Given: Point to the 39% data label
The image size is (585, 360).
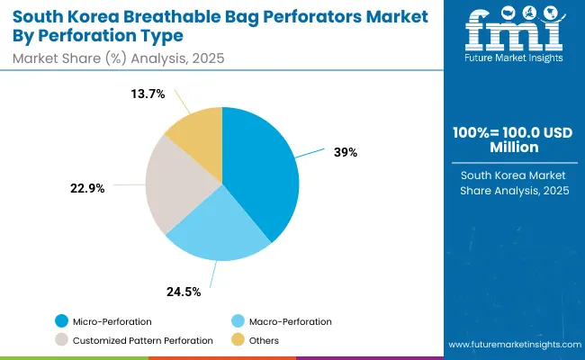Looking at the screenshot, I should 345,152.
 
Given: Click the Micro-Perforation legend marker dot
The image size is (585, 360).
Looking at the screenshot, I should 60,321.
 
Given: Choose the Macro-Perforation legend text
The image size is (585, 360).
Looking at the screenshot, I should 291,321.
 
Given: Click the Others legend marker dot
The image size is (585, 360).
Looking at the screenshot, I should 238,340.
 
